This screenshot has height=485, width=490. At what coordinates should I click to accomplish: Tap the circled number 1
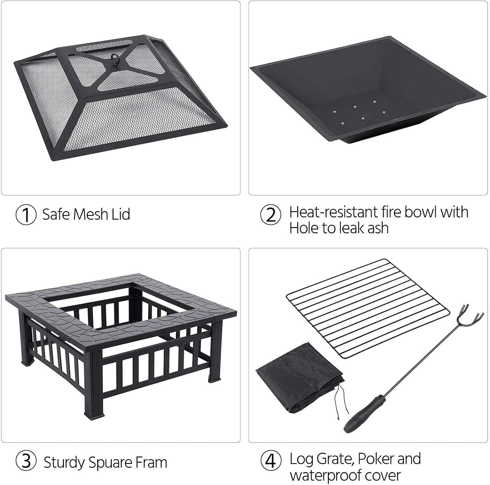click(x=26, y=215)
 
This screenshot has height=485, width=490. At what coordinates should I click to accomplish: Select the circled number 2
click(x=270, y=215)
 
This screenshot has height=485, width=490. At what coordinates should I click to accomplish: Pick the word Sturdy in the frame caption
click(x=64, y=463)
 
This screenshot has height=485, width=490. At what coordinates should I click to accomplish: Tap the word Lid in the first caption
click(x=121, y=214)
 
